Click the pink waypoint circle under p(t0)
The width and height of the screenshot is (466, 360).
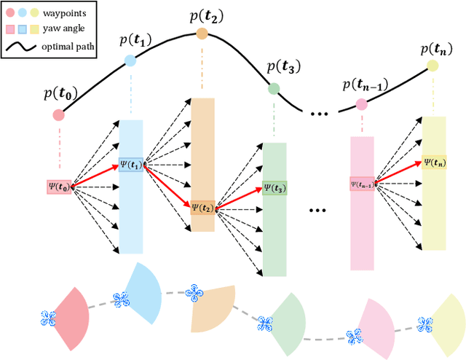click(58, 114)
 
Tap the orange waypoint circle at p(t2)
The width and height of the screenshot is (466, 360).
click(202, 33)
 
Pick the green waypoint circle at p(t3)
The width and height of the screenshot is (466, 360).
click(274, 89)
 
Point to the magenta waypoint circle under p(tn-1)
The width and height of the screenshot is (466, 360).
click(362, 105)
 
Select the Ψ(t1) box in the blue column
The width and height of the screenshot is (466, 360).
click(132, 165)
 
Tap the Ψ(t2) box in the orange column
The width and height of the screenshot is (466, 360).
click(203, 208)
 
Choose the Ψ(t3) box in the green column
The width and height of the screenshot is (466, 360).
click(275, 187)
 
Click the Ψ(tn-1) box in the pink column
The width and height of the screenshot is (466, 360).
click(362, 184)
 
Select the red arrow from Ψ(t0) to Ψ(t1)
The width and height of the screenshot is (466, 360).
click(95, 176)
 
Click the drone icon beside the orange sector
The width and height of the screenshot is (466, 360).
click(194, 294)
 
